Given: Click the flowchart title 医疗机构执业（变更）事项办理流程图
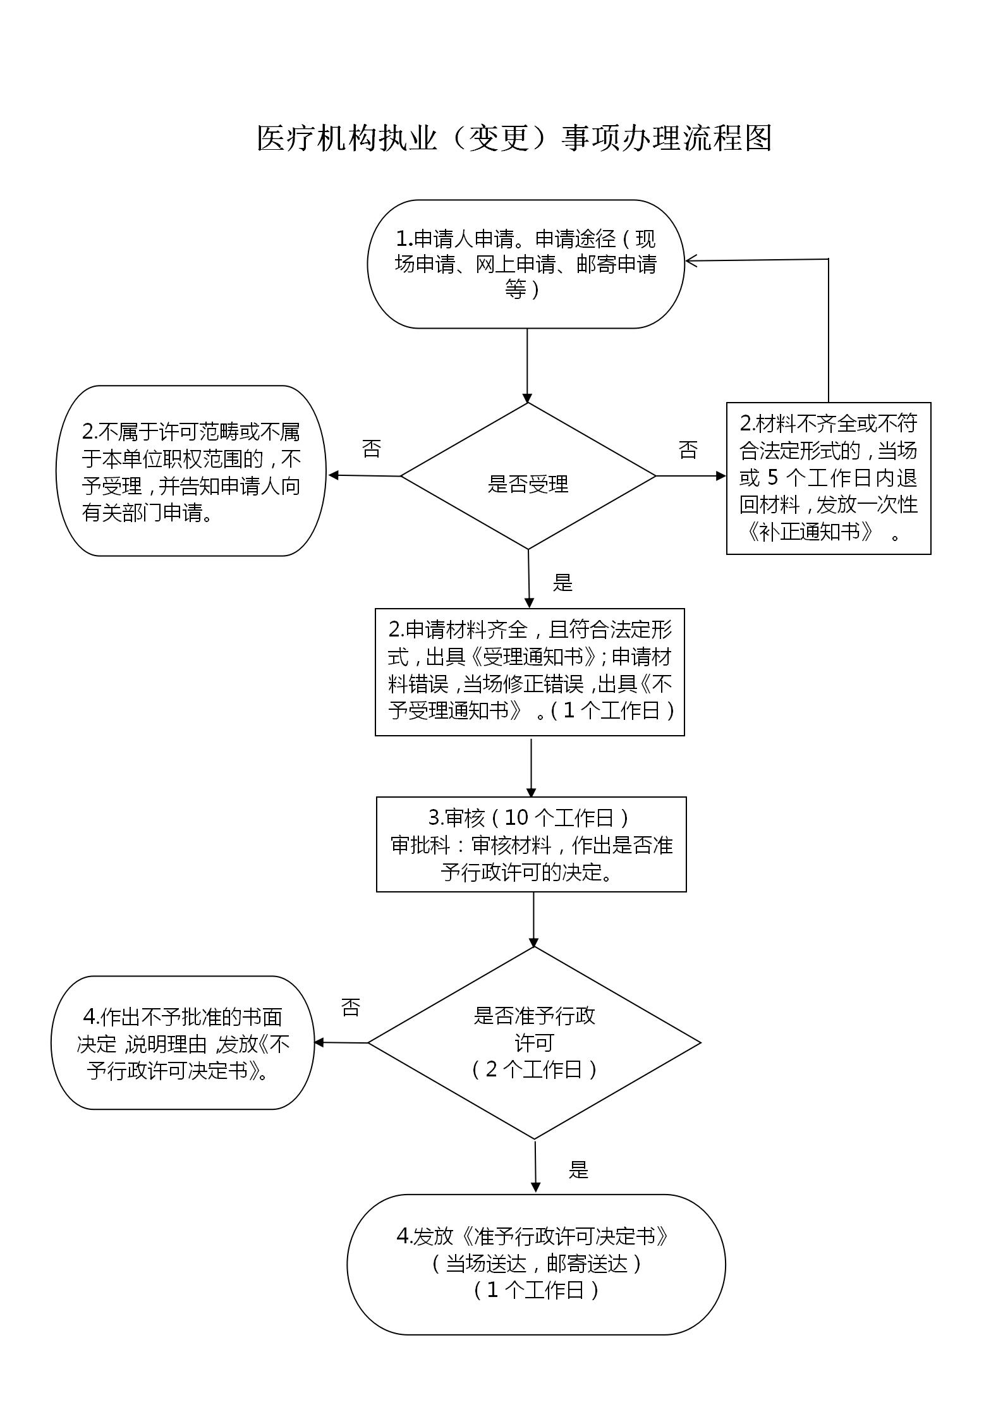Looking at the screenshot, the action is point(514,138).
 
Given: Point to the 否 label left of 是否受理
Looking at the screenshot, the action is point(372,449).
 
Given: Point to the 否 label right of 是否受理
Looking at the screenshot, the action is point(688,450).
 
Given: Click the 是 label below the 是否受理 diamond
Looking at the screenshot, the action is point(562,582).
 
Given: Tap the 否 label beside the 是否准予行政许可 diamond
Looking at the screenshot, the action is point(351,1008).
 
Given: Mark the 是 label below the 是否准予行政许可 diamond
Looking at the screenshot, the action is point(578,1169).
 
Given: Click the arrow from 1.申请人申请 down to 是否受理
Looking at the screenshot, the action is point(527,365).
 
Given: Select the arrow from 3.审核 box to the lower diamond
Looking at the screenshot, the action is point(533,920).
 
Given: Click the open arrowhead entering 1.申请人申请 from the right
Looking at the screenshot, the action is point(691,260).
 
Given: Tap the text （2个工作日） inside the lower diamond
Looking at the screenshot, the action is point(534,1069).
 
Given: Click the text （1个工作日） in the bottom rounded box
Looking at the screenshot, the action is point(536,1289).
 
